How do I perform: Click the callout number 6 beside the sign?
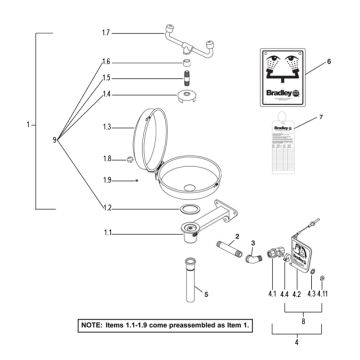coord(328,62)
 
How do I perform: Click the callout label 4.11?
coord(324,294)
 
